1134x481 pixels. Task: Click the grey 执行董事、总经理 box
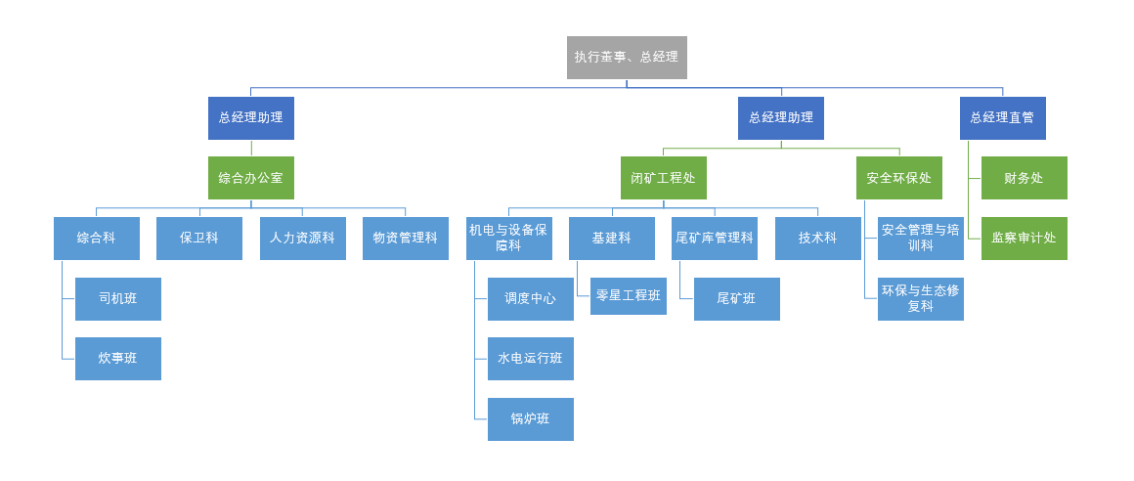pos(627,58)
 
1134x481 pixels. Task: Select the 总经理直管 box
pos(1002,118)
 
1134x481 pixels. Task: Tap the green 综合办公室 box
pos(250,178)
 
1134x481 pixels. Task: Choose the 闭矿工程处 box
pos(663,178)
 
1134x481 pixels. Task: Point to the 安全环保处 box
pos(898,178)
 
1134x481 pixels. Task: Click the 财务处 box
pos(1024,178)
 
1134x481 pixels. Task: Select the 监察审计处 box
pos(1024,239)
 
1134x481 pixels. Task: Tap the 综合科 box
pos(96,239)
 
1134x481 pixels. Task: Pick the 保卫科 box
pos(198,239)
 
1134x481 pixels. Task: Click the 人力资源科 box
pos(302,239)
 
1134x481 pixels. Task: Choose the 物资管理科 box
pos(405,239)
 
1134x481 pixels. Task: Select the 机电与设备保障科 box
pos(508,239)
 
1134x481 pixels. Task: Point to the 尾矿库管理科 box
pos(714,239)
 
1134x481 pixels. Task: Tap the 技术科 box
pos(817,239)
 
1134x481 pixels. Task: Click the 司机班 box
pos(117,299)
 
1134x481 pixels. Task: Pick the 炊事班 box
pos(117,359)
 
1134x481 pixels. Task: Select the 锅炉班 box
pos(530,419)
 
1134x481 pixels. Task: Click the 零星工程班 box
pos(628,296)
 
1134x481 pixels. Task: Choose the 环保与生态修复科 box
pos(920,299)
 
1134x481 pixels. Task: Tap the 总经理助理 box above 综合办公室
pos(250,118)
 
